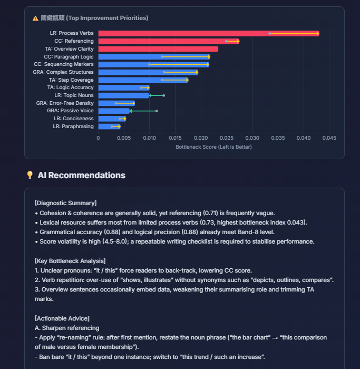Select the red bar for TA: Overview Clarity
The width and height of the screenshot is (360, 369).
coord(158,49)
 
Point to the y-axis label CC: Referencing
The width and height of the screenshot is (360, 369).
coord(74,41)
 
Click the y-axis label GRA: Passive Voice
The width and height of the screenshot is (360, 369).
coord(70,111)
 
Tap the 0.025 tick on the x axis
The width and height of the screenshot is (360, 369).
coord(227,138)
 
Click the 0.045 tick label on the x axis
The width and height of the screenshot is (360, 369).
coord(329,138)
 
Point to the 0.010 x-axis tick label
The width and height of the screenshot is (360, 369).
coord(149,138)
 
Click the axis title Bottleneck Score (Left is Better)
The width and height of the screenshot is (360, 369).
coord(213,147)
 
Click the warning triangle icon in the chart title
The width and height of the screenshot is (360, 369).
coord(35,18)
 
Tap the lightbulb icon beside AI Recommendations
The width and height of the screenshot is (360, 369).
coord(30,175)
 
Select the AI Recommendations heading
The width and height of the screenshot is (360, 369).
coord(81,175)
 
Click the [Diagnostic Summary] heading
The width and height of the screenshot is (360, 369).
coord(65,203)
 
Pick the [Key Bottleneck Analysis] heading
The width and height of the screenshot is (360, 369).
coord(70,261)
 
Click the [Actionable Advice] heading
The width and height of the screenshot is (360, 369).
coord(62,318)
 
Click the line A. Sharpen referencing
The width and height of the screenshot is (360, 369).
coord(66,328)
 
